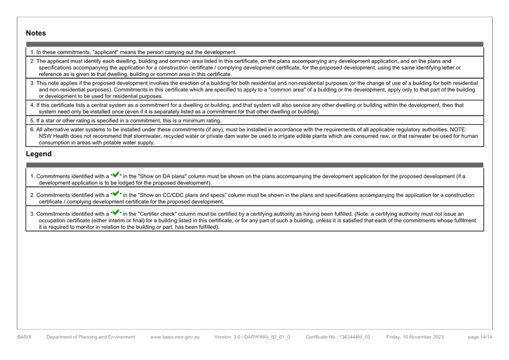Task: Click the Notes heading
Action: click(x=36, y=33)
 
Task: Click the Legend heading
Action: click(x=38, y=154)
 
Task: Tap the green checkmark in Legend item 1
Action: click(x=116, y=174)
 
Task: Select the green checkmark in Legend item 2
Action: click(x=116, y=193)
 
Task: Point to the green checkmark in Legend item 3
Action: click(x=116, y=212)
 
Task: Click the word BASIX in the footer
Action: click(x=24, y=337)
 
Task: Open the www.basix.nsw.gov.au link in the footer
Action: click(x=175, y=337)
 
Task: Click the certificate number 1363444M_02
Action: click(x=354, y=337)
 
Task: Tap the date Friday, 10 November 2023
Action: click(x=415, y=337)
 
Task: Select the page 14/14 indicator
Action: click(x=480, y=337)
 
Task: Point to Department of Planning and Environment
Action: click(x=91, y=337)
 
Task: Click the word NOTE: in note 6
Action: click(x=458, y=130)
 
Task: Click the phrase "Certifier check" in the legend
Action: click(x=157, y=214)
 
